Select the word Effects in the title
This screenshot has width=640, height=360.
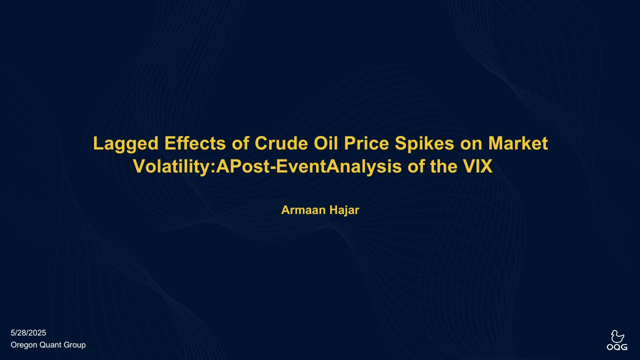pos(195,143)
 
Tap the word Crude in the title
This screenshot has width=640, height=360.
pos(281,143)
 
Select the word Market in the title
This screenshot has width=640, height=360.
pos(518,143)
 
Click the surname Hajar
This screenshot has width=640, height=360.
pos(344,210)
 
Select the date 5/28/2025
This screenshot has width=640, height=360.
pos(28,333)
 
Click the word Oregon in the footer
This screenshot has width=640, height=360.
pos(23,345)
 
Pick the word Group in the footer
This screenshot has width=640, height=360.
pos(74,345)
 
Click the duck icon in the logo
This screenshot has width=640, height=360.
pos(617,336)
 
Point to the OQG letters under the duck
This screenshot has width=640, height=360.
pos(617,347)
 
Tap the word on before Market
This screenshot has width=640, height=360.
pos(471,145)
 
